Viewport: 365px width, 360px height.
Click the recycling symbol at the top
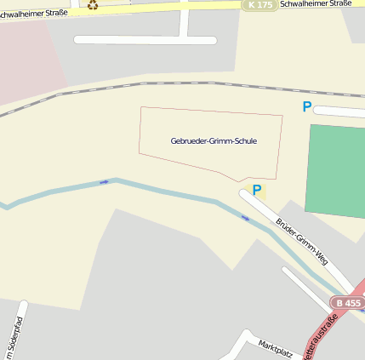92,4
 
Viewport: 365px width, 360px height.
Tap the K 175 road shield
259,5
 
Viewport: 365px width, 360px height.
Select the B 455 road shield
348,303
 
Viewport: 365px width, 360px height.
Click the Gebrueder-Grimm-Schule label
214,141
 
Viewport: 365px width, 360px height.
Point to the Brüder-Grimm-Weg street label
301,241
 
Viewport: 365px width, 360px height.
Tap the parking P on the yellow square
255,191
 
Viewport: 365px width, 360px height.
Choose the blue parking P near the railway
307,107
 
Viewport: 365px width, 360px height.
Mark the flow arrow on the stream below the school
245,218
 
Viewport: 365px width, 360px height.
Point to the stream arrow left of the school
104,181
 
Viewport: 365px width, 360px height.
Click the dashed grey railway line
170,84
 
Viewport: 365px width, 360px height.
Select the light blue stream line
170,191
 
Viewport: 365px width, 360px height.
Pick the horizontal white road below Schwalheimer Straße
145,40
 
